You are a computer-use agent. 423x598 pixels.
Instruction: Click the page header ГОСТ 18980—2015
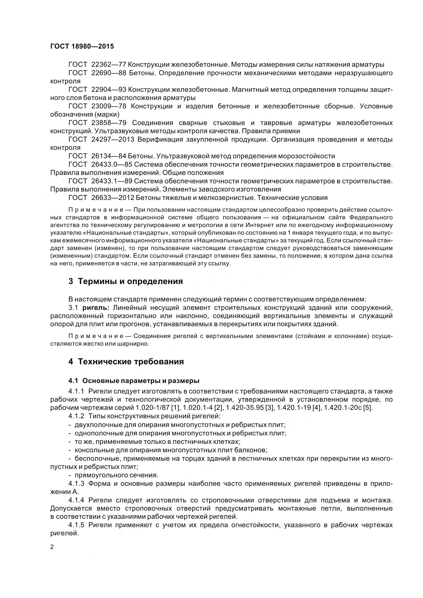[x=82, y=46]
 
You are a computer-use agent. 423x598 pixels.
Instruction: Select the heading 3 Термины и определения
[x=126, y=281]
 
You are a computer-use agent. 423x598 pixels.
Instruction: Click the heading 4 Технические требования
[x=126, y=362]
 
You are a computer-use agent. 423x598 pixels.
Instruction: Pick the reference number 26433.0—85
[x=112, y=164]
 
